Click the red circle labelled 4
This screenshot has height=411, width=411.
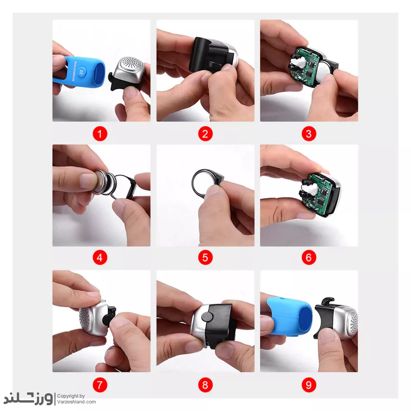coord(100,258)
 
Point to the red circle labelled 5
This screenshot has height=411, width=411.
coord(205,258)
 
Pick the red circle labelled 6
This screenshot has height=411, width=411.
coord(309,258)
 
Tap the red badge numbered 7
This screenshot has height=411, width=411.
coord(100,385)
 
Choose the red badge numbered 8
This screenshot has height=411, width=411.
coord(205,385)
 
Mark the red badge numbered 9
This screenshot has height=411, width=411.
coord(309,385)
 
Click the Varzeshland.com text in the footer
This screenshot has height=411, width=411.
coord(76,402)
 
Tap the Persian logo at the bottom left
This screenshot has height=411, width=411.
coord(28,399)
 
